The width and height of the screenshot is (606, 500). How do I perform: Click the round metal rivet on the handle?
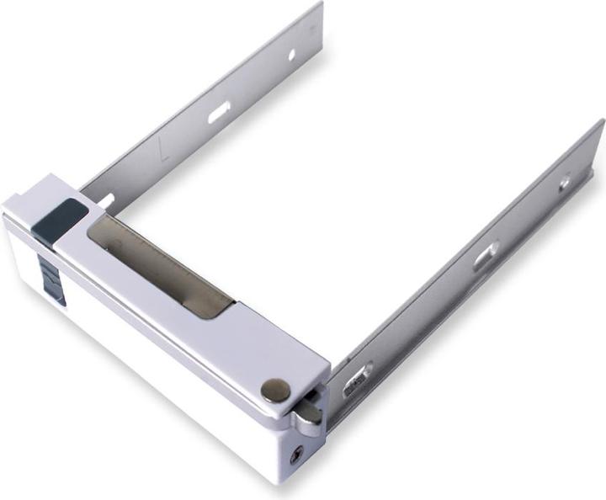pos(275,389)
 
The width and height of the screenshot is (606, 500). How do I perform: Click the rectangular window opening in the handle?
pos(160,265)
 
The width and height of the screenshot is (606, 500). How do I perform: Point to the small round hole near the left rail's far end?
pos(291,56)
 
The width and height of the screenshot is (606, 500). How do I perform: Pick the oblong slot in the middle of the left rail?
pos(219,111)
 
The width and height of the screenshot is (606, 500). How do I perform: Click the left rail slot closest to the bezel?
pos(105,200)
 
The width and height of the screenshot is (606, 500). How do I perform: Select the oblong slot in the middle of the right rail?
pos(486,256)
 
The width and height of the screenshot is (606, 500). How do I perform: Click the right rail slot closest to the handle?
pos(357,380)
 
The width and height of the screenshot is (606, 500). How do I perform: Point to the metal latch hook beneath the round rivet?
pos(307,413)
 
